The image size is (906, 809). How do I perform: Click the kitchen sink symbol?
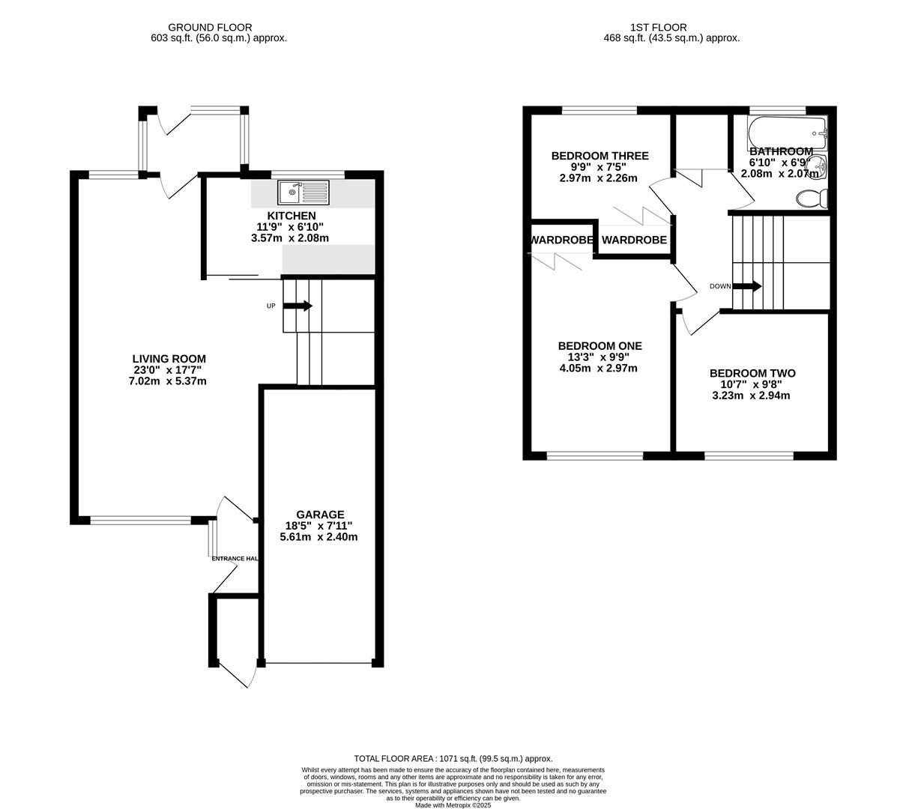click(x=303, y=193)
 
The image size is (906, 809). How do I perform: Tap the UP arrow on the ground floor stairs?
click(x=298, y=306)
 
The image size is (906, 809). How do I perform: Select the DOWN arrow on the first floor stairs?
click(x=747, y=286)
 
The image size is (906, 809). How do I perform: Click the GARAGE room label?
click(x=320, y=515)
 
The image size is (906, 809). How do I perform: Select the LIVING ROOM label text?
click(x=169, y=359)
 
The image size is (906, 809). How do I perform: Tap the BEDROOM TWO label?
click(x=752, y=373)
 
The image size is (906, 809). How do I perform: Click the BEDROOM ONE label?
click(x=600, y=346)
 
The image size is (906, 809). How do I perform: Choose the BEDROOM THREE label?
click(x=600, y=156)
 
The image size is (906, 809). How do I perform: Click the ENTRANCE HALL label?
click(x=235, y=559)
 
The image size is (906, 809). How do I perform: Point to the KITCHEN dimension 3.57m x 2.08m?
click(x=290, y=238)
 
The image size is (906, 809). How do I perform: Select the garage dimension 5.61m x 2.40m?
click(x=318, y=536)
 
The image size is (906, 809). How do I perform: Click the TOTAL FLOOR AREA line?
click(x=453, y=759)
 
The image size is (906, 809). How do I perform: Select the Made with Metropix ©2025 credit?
click(x=453, y=805)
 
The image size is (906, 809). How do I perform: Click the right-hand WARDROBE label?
click(x=634, y=240)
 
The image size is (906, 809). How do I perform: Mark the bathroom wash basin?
click(x=821, y=166)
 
